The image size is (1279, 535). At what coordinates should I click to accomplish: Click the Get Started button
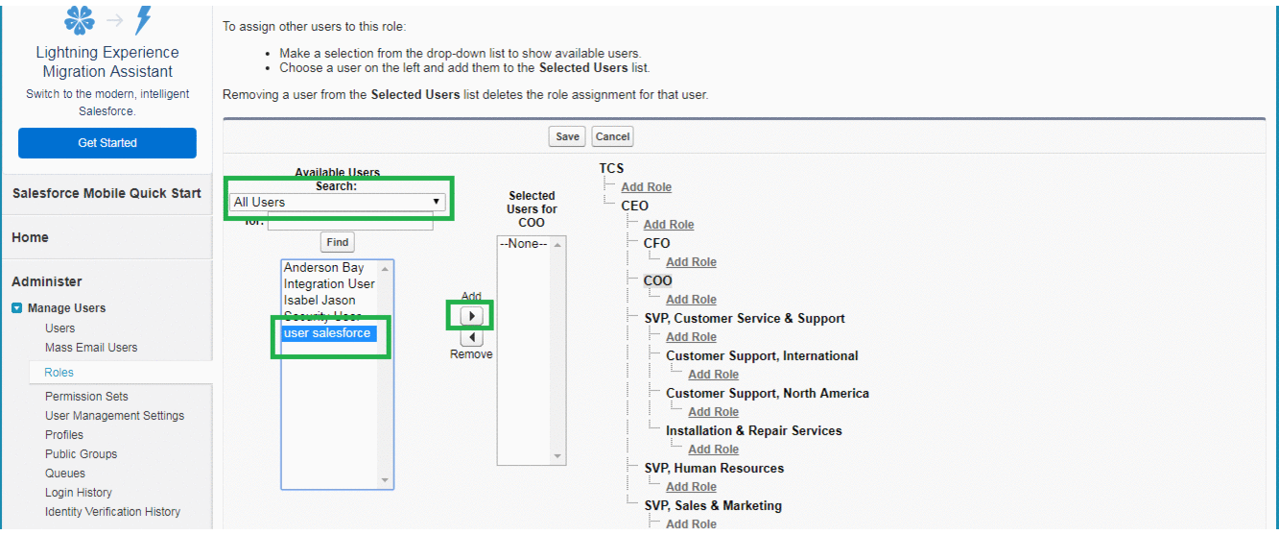click(107, 143)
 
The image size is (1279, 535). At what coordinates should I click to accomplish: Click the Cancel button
click(612, 136)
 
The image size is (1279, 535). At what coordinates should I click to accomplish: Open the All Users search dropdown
click(338, 202)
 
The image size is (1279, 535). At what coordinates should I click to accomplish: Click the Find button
click(337, 242)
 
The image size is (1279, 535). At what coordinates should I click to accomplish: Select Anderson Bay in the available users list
click(323, 268)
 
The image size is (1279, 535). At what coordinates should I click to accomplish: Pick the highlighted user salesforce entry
click(327, 333)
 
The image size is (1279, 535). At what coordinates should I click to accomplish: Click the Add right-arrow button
click(471, 316)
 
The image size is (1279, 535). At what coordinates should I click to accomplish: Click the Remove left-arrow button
click(471, 337)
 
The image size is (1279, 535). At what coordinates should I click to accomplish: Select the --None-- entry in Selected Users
click(523, 244)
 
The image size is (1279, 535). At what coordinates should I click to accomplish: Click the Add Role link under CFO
click(691, 262)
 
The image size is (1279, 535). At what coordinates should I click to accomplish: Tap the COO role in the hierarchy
click(657, 280)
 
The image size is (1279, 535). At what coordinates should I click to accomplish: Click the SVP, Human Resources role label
click(713, 468)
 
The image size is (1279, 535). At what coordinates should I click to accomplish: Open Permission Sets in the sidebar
click(86, 396)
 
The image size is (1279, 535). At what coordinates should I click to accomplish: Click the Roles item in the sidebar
click(59, 372)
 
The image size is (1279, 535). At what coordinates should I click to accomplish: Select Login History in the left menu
click(79, 492)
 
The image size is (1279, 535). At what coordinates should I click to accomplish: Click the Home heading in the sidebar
click(30, 237)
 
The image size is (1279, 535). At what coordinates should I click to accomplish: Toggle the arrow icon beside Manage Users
click(17, 308)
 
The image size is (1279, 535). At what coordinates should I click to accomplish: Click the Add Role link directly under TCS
click(646, 187)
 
